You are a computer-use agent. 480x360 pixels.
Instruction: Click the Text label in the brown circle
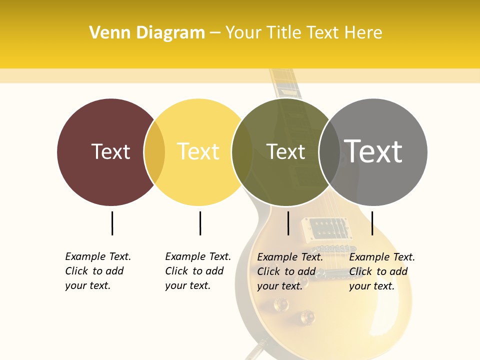tap(110, 151)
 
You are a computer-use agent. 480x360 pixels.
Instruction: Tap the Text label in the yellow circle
tap(198, 151)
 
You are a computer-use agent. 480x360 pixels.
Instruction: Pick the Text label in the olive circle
tap(285, 151)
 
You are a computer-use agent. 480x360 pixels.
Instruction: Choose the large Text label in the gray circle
tap(373, 151)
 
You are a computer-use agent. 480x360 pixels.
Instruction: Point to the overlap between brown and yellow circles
tap(154, 152)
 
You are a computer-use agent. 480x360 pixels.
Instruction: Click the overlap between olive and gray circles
tap(329, 152)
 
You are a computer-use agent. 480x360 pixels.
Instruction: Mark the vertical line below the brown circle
tap(112, 223)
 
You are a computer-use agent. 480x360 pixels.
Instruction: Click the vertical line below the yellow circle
tap(200, 223)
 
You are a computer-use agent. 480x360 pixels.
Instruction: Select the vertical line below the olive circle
tap(288, 223)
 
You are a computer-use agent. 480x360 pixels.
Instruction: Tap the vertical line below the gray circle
tap(372, 223)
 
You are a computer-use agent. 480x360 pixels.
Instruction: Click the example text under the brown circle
tap(98, 271)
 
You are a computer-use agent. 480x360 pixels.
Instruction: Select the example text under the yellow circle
tap(198, 271)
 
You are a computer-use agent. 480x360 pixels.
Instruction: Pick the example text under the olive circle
tap(290, 271)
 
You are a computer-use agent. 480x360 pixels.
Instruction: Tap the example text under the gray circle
tap(382, 271)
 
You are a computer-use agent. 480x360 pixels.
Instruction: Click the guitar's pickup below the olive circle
tap(327, 228)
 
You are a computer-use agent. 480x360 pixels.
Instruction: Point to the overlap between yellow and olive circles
tap(242, 152)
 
